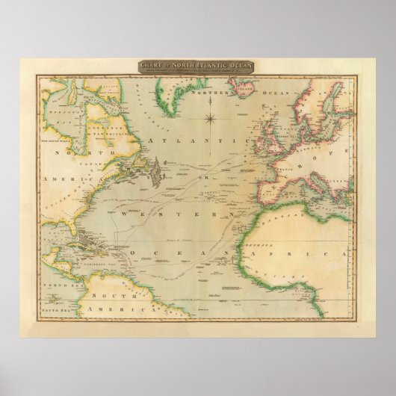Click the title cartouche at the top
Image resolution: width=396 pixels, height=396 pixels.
click(196, 66)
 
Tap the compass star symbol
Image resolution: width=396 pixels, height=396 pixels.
click(211, 117)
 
